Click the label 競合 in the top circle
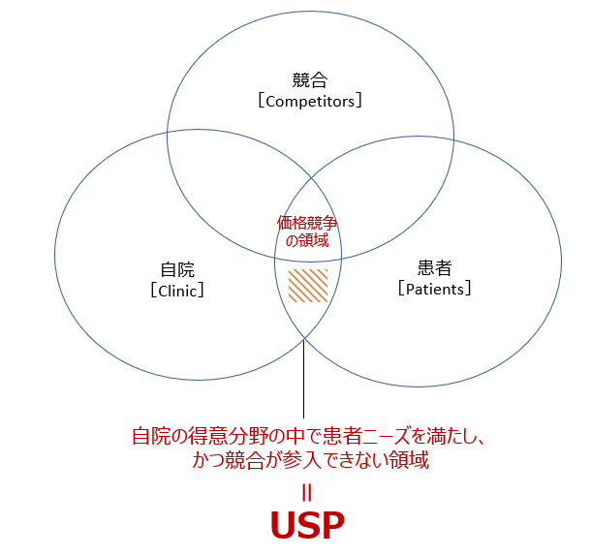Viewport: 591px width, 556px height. (x=310, y=79)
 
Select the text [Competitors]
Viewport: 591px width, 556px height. (x=310, y=100)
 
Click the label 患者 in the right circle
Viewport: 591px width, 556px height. (x=435, y=267)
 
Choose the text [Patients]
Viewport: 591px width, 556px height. (x=435, y=288)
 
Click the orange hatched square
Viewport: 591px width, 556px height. (x=308, y=287)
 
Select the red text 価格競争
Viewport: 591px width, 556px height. (x=306, y=222)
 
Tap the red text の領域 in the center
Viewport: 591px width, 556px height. (x=306, y=240)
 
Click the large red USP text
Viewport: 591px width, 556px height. (x=307, y=526)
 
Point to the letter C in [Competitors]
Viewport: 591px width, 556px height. (x=269, y=100)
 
